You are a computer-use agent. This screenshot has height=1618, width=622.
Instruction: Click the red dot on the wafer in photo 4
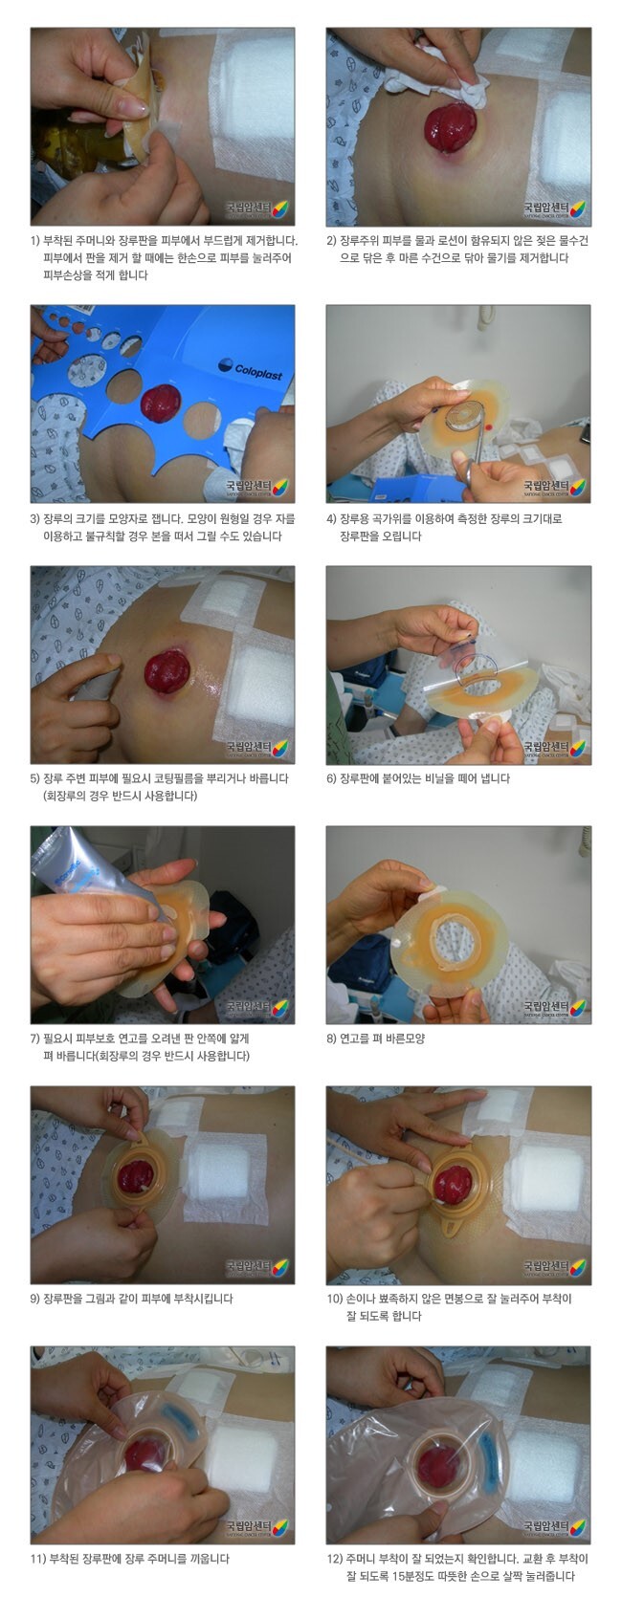pyautogui.click(x=489, y=426)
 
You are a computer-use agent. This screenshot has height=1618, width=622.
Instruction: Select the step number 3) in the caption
pyautogui.click(x=35, y=518)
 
